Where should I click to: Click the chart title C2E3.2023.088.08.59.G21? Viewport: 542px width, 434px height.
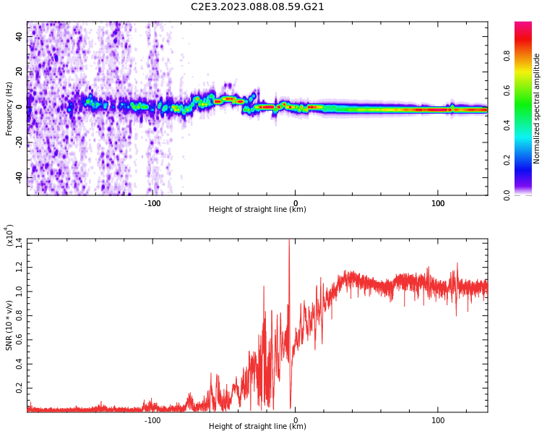coord(257,7)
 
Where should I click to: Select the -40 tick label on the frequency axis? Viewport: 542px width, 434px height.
coord(18,177)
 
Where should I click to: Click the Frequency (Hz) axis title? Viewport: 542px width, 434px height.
coord(9,109)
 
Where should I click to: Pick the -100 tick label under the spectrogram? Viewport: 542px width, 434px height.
coord(152,203)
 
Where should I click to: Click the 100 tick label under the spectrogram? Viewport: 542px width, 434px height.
coord(438,203)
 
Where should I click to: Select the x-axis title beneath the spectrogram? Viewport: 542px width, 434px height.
coord(257,210)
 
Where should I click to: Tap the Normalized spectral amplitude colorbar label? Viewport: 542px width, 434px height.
coord(537,109)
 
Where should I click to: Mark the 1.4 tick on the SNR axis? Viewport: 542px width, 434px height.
coord(17,242)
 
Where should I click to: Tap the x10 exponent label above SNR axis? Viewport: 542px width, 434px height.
coord(11,235)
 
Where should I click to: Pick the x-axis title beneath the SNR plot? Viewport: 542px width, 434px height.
coord(257,427)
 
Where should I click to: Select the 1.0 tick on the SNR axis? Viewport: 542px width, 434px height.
coord(17,291)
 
